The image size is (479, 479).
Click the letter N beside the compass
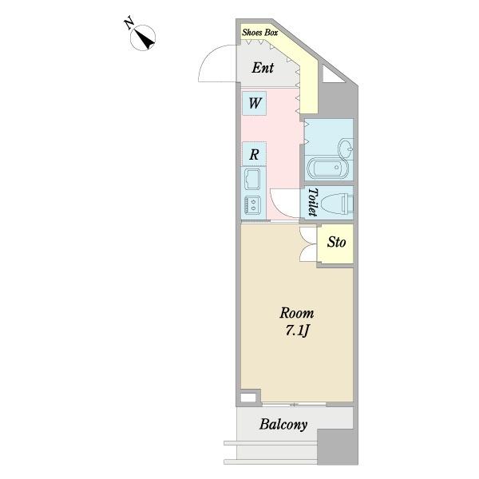point(129,24)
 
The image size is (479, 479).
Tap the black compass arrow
point(144,40)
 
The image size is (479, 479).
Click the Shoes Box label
point(260,33)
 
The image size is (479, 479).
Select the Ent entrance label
point(263,68)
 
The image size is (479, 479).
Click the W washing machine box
point(254,103)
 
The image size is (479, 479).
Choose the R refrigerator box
point(254,154)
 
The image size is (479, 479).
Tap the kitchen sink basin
point(252,178)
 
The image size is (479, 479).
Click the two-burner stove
point(252,204)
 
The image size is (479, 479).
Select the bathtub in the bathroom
point(327,168)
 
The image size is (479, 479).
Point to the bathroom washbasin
point(346,149)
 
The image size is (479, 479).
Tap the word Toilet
point(312,202)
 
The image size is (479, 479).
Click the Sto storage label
point(336,243)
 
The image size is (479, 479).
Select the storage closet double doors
point(308,244)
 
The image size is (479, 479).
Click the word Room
point(297,314)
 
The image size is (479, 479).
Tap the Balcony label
point(283,425)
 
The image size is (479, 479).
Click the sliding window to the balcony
point(294,405)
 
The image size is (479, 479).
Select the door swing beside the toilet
point(285,204)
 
